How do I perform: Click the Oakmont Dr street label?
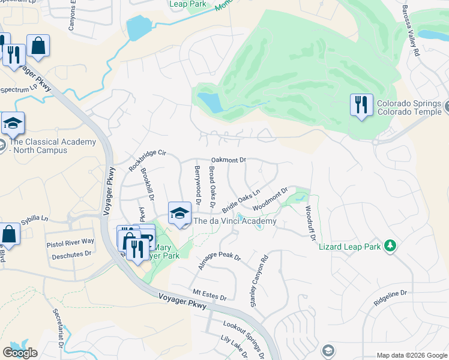coord(229,160)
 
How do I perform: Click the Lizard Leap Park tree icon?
coord(390,245)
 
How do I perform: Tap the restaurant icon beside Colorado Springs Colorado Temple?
coord(361,106)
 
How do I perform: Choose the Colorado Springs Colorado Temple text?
coord(410,107)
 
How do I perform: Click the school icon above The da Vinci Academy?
coord(179,213)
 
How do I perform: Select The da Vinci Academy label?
coord(237,221)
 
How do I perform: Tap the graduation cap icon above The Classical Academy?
coord(13,124)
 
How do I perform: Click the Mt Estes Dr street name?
coord(209,297)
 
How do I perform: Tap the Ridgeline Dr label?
coord(390,298)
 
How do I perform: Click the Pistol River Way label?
coord(70,241)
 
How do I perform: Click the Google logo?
coord(20,352)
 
